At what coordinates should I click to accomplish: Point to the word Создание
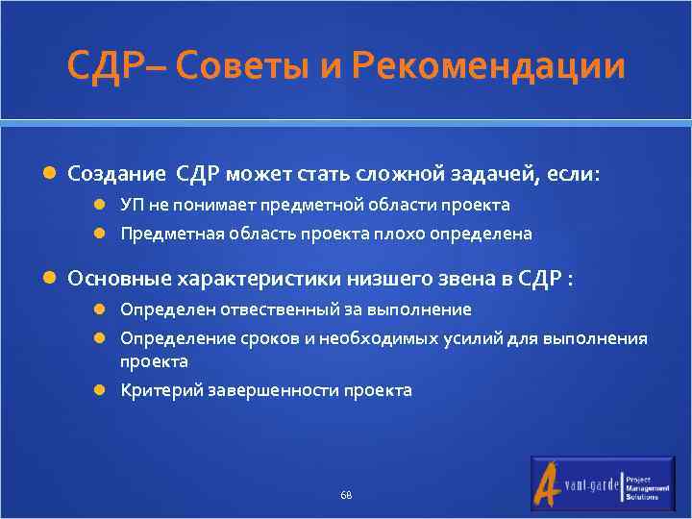(x=115, y=174)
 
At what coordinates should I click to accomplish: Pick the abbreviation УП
(x=131, y=205)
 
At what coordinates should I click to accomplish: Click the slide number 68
(x=346, y=495)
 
